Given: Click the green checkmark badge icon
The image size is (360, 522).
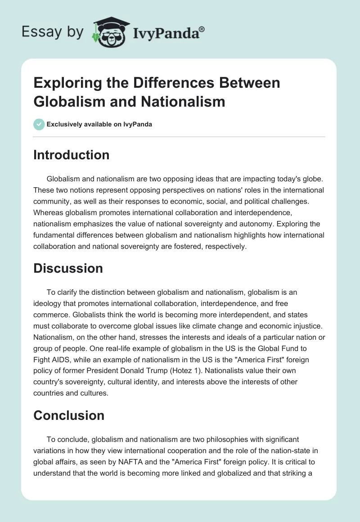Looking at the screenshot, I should (x=39, y=124).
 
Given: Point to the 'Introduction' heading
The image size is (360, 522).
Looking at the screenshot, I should (x=71, y=155).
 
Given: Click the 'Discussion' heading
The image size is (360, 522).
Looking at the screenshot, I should (x=68, y=269).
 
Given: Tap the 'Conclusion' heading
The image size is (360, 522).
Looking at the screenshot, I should (x=69, y=415).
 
